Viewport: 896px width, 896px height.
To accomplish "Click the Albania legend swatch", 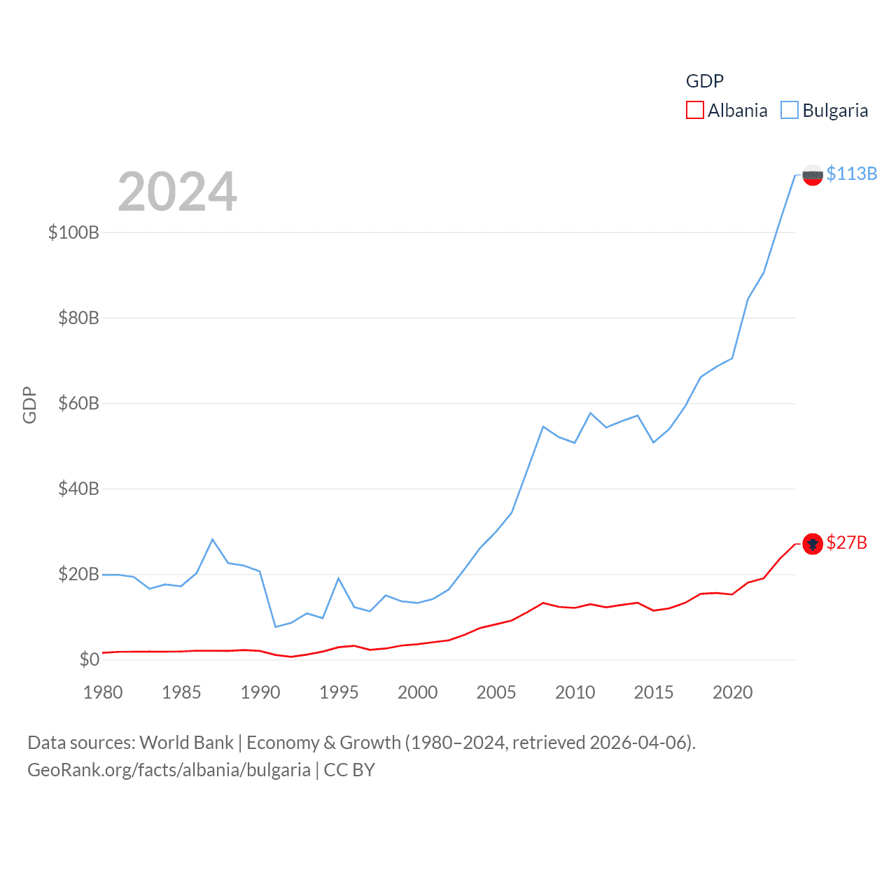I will (694, 111).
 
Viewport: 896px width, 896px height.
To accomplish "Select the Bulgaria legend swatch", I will (790, 111).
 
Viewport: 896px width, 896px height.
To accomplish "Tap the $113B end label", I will (851, 174).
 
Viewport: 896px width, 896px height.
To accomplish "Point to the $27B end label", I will (846, 542).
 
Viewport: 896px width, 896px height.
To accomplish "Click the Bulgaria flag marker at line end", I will (812, 175).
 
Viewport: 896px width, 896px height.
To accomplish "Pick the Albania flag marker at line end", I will (812, 544).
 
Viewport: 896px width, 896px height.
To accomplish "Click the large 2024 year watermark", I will (177, 192).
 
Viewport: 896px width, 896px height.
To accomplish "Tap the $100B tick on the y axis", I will (73, 232).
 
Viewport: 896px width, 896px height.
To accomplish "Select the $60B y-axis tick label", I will (78, 403).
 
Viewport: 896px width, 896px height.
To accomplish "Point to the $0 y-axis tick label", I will (89, 659).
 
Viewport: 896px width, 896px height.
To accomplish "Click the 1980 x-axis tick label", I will (103, 692).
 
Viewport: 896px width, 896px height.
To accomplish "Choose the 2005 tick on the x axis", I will (496, 692).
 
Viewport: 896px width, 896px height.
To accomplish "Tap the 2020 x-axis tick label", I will (732, 692).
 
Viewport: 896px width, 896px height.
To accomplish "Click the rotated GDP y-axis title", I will (29, 405).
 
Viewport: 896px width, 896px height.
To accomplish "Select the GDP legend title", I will (704, 81).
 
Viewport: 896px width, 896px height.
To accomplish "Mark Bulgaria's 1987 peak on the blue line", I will (212, 539).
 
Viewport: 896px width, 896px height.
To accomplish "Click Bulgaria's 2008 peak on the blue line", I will (543, 426).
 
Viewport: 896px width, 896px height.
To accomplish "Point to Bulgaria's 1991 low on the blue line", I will (276, 626).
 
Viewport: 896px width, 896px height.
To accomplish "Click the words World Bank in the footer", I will (186, 742).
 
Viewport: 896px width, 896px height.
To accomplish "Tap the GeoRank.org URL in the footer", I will (169, 770).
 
